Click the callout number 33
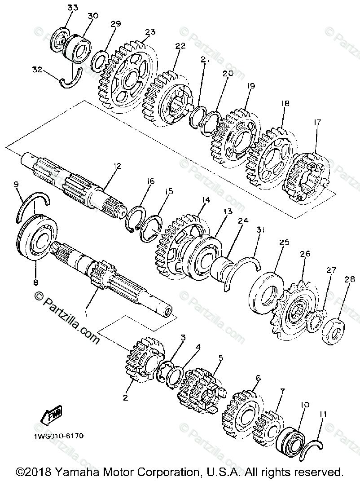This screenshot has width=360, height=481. pyautogui.click(x=73, y=8)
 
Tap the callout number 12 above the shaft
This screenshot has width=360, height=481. pyautogui.click(x=118, y=166)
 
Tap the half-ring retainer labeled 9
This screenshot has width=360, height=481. pyautogui.click(x=32, y=205)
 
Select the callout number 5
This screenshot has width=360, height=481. pyautogui.click(x=220, y=358)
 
